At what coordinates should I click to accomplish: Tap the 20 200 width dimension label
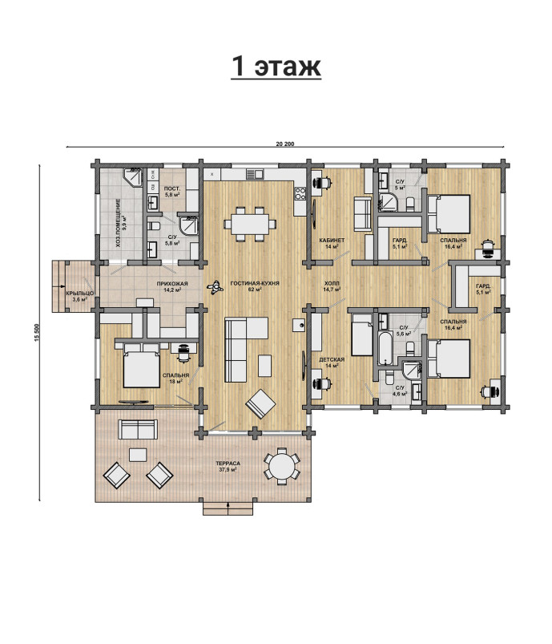point(285,144)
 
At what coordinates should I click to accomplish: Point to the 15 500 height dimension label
point(36,333)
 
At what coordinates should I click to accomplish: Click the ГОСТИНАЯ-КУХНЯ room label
point(255,283)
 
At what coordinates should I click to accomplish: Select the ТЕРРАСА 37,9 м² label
point(228,466)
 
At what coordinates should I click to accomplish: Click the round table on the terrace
point(281,466)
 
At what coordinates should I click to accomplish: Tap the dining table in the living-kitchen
point(249,225)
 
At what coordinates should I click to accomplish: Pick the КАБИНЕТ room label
point(332,241)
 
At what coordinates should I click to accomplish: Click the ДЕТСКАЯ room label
point(332,359)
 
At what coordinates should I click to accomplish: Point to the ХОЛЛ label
point(332,283)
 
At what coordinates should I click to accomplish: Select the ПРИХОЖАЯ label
point(172,283)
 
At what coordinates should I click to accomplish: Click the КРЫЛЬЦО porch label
point(80,294)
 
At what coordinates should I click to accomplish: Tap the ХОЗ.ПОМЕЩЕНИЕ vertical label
point(119,223)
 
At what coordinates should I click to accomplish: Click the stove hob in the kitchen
point(300,193)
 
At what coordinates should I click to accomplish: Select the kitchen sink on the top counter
point(255,174)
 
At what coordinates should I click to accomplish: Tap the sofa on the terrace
point(138,429)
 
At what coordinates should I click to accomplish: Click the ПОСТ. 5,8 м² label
point(172,192)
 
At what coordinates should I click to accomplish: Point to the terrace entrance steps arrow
point(228,508)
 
